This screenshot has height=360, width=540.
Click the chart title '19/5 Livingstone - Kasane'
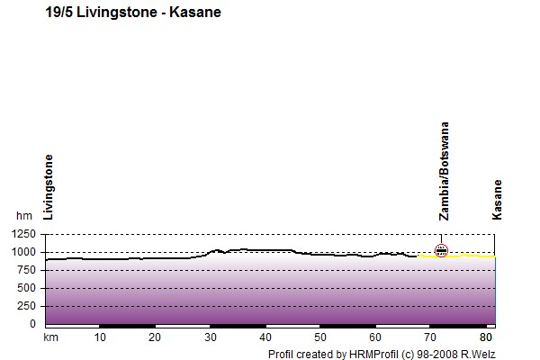(133, 13)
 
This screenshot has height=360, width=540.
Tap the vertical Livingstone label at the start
(49, 187)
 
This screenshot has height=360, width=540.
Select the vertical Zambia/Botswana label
(445, 171)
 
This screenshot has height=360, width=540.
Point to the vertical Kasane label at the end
(497, 200)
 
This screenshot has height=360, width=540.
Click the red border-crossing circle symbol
(441, 250)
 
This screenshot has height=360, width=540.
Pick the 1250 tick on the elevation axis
(23, 234)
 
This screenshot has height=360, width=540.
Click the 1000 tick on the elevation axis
(23, 252)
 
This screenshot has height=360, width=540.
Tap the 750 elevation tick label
(26, 270)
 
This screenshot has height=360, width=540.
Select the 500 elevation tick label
(26, 288)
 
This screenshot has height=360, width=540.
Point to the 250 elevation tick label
(26, 306)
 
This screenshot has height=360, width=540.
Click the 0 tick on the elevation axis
(32, 324)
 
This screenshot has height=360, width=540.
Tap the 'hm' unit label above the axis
(24, 216)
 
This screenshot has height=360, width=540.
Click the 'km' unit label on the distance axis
(50, 337)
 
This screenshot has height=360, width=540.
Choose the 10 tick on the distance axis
(100, 337)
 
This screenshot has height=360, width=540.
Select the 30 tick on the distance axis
(210, 337)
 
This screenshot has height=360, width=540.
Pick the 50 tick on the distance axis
(320, 337)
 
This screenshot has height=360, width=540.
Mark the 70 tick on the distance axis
(430, 337)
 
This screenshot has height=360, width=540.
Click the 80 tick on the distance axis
(486, 337)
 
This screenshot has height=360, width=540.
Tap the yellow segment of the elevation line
(456, 256)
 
